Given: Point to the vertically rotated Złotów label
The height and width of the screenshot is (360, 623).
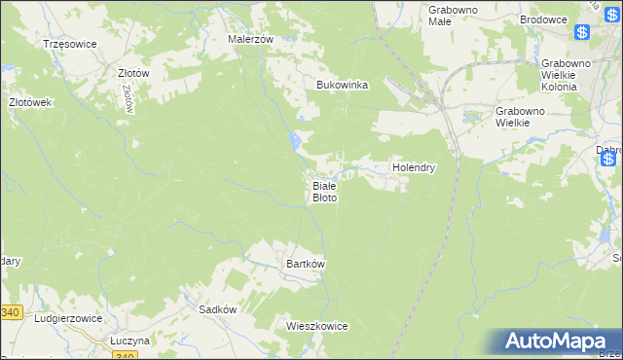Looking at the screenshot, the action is tap(128, 98).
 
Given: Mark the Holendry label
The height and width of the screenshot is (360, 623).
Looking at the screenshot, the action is tap(414, 167).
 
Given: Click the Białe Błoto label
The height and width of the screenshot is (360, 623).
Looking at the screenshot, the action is tap(324, 191).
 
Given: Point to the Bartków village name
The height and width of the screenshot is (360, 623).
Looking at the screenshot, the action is tap(305, 264).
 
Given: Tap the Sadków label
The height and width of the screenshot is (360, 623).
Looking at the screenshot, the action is tap(218, 308).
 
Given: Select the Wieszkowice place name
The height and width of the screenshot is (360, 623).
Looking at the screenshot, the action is tap(317, 326).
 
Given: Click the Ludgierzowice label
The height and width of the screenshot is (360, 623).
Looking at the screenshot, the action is tap(67, 318).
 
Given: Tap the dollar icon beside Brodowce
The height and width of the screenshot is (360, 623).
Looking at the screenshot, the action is tap(582, 32).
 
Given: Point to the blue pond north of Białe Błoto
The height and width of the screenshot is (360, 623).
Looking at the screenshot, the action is tap(294, 143).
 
